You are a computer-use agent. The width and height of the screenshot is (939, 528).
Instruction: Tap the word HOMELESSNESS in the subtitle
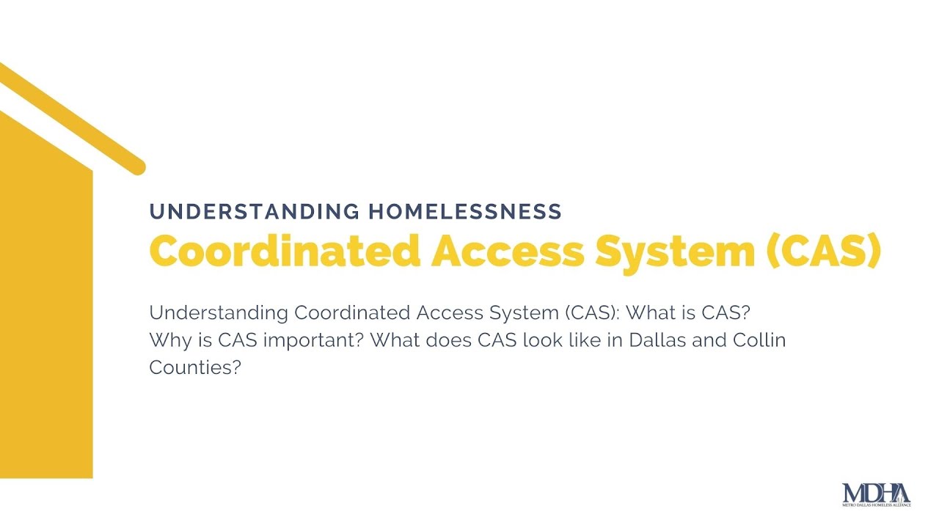tap(465, 212)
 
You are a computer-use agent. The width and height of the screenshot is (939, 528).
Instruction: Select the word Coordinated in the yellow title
tap(284, 252)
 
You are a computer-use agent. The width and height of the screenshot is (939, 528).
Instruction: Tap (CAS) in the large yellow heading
tap(823, 252)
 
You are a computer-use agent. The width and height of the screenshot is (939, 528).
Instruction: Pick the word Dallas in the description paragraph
tap(650, 340)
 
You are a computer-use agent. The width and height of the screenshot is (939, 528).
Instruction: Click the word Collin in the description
tap(759, 340)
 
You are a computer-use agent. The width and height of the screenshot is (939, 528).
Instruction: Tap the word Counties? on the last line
tap(195, 367)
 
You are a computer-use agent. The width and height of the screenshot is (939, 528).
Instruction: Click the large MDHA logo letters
tap(876, 493)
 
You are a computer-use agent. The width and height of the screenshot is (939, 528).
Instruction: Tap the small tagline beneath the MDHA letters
tap(876, 505)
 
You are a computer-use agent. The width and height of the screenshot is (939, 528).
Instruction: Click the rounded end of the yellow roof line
tap(136, 167)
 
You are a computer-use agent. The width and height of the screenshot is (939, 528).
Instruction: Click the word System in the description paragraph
tap(522, 313)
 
